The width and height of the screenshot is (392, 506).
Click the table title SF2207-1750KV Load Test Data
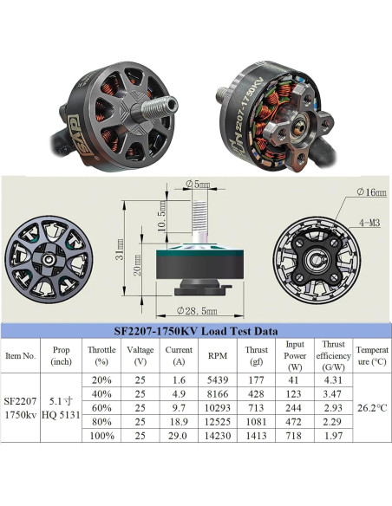[196, 331]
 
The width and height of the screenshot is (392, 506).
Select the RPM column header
[218, 355]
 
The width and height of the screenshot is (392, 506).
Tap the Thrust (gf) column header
[257, 355]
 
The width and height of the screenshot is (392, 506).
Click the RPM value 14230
[218, 436]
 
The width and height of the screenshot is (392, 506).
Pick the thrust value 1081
[257, 422]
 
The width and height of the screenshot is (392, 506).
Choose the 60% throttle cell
[101, 408]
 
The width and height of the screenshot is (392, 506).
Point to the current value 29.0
[178, 436]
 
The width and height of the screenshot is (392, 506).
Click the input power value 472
[293, 422]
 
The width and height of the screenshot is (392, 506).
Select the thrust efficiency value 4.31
[333, 380]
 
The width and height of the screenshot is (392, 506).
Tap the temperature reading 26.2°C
[372, 408]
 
